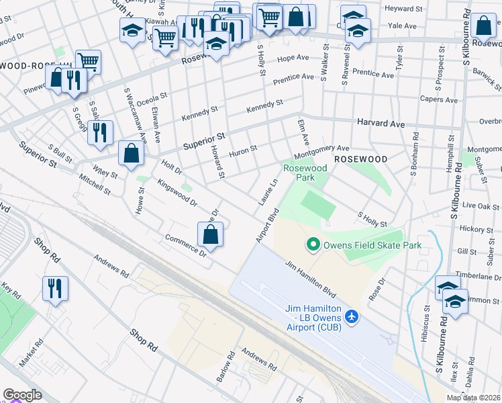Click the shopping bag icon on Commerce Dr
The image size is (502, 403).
(x=211, y=234)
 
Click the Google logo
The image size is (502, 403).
(x=22, y=395)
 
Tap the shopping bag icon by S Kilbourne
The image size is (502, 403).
(x=483, y=27)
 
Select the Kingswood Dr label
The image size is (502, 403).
(x=177, y=192)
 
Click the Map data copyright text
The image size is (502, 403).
(x=473, y=398)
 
